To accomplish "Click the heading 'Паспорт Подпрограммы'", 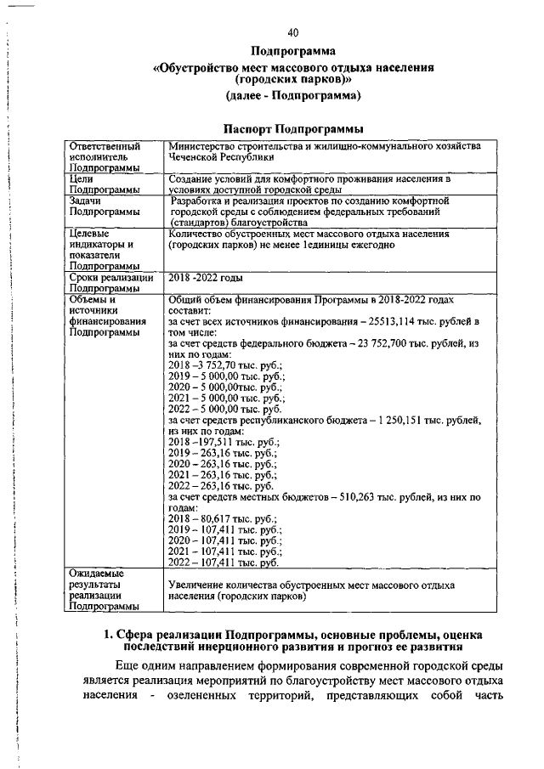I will coord(293,128).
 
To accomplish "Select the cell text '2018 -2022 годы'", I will coord(205,278).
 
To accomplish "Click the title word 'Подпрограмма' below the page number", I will coord(293,52).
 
